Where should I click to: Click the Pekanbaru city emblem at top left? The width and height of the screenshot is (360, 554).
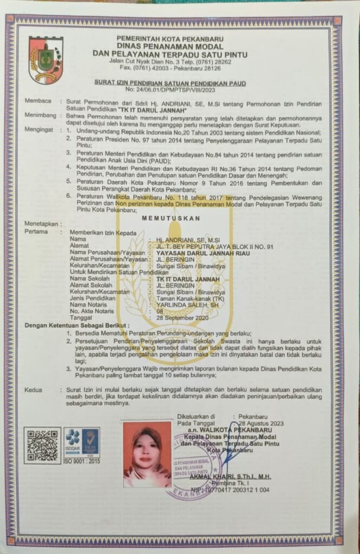tap(46, 60)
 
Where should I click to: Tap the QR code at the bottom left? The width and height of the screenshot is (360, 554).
tap(42, 445)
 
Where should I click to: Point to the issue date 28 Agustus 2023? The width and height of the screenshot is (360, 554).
tap(261, 423)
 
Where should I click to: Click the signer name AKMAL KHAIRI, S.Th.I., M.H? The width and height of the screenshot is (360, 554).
tap(230, 477)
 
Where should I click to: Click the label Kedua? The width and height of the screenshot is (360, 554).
tap(33, 390)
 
